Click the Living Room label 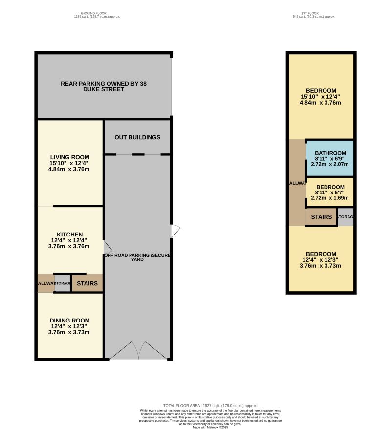[x=69, y=163]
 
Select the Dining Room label [x=69, y=326]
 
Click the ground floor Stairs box [x=87, y=283]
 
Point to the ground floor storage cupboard [x=63, y=284]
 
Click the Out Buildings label [x=137, y=137]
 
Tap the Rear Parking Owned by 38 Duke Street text [x=104, y=86]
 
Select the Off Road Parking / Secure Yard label [x=137, y=257]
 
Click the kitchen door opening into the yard [x=107, y=246]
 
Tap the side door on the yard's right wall [x=175, y=231]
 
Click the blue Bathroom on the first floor [x=330, y=159]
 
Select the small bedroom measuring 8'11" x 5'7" [x=330, y=193]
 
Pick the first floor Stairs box [x=321, y=217]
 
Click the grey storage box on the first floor [x=346, y=217]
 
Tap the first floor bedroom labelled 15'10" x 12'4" [x=321, y=96]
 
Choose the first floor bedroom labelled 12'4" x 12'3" [x=321, y=259]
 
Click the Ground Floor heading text [x=94, y=15]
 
